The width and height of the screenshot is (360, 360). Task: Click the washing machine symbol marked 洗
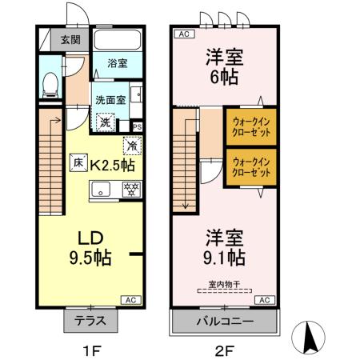click(x=104, y=123)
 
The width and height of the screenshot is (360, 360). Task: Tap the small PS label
click(x=137, y=126)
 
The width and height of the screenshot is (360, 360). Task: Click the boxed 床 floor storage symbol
click(x=79, y=161)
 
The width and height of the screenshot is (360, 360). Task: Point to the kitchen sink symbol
click(x=101, y=190)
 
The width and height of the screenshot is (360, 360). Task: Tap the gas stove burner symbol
click(x=130, y=190)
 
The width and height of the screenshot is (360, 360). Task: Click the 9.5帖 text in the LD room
click(x=89, y=258)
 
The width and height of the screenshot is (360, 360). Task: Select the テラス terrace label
click(x=90, y=322)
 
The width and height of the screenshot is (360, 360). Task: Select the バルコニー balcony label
click(x=224, y=322)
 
